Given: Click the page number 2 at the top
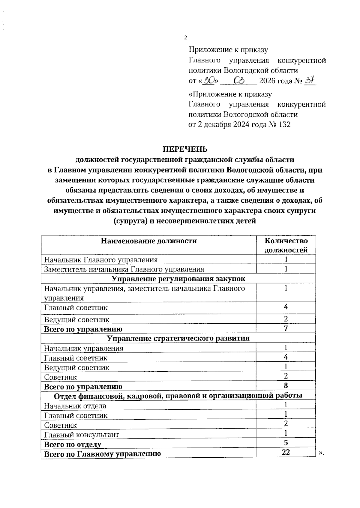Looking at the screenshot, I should (185, 38).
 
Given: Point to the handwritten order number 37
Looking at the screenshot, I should (310, 80).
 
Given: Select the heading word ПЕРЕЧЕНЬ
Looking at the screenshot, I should (185, 149).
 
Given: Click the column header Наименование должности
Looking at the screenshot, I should (148, 241).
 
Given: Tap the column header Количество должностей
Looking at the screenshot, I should (286, 245).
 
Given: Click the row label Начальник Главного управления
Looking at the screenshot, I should (101, 260).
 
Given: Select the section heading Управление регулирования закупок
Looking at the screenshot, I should (178, 279).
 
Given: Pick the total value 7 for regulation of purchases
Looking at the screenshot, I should (286, 328).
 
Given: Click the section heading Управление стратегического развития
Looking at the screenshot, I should (178, 338).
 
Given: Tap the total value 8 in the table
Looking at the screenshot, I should (286, 386).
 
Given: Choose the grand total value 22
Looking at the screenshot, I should (286, 452).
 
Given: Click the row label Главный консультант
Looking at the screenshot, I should (82, 435).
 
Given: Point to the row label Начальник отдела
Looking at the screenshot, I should (75, 406).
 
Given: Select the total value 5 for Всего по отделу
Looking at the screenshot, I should (286, 443).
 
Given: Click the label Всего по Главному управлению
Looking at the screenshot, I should (102, 454).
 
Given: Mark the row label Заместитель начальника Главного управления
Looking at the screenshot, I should (124, 269).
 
